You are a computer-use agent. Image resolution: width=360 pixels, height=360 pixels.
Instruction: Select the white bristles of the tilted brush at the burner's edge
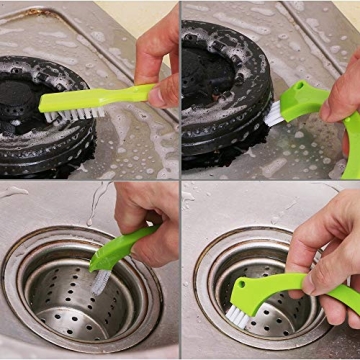273,113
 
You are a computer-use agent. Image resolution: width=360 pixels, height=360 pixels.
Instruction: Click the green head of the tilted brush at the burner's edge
300,98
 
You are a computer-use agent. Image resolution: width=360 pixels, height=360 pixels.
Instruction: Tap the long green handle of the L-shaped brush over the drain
300,289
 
